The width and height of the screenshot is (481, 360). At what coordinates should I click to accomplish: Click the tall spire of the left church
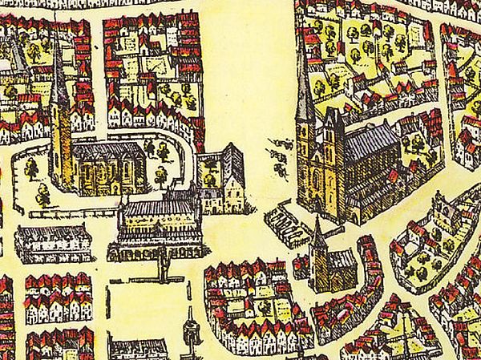click(x=61, y=80)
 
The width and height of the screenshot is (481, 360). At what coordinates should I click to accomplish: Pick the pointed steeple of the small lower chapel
click(x=318, y=233)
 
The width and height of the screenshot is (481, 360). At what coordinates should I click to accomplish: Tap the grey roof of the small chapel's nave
click(x=341, y=259)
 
